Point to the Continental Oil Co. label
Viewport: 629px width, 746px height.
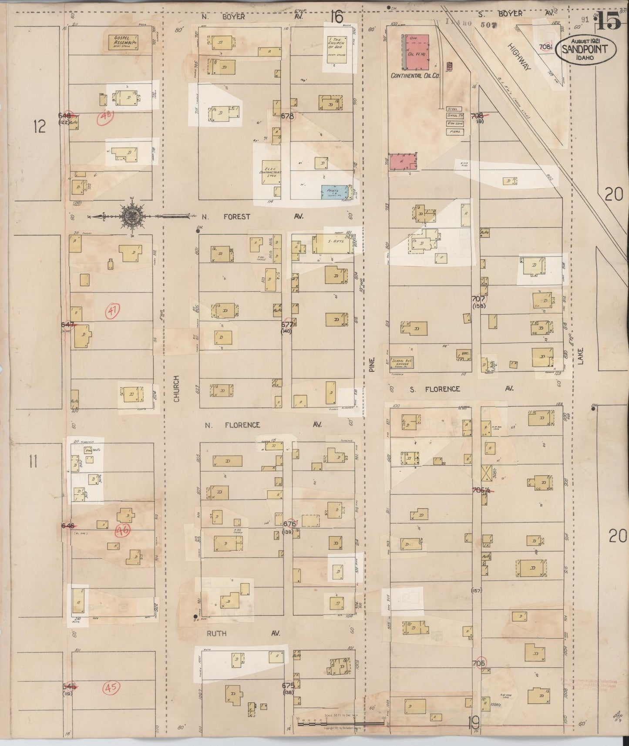(x=415, y=75)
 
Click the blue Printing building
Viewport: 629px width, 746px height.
(x=335, y=192)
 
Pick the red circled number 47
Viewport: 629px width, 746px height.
(x=112, y=310)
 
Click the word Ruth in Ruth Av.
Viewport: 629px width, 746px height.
(x=216, y=633)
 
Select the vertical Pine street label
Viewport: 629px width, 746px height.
(x=371, y=362)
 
